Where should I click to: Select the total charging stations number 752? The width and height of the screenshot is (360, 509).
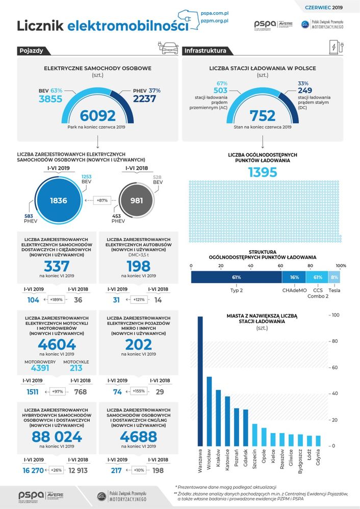[263, 116]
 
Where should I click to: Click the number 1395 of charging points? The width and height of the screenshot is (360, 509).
[263, 172]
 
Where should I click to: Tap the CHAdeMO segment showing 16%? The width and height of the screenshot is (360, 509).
[294, 277]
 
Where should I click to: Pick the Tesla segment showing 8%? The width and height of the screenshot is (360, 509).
[335, 277]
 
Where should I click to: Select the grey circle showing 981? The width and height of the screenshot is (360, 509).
[137, 201]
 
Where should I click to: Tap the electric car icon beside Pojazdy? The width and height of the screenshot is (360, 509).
[168, 49]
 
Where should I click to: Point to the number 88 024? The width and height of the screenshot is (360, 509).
[57, 437]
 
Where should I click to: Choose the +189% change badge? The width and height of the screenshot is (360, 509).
[56, 300]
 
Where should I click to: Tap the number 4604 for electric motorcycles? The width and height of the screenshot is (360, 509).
[57, 344]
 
